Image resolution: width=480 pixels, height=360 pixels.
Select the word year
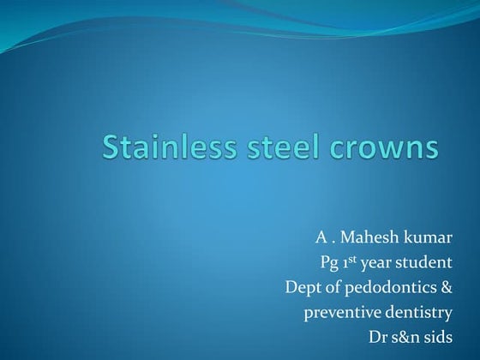pos(376,262)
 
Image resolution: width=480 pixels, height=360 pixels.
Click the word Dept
pos(303,287)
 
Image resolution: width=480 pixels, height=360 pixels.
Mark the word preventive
pos(341,312)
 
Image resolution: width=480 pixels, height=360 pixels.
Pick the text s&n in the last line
pos(410,337)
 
